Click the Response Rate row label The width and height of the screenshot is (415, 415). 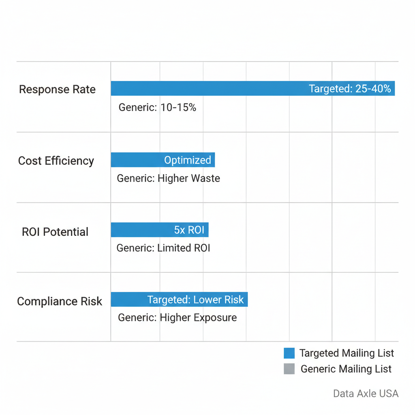click(57, 90)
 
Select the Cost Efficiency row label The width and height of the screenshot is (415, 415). click(56, 161)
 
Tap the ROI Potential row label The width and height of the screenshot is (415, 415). click(55, 232)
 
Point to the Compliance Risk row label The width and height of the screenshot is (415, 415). click(60, 302)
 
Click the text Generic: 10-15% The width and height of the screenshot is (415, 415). click(157, 108)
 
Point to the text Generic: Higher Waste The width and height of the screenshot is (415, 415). click(168, 178)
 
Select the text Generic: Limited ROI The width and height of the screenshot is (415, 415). click(163, 248)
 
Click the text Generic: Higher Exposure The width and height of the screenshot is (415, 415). click(177, 318)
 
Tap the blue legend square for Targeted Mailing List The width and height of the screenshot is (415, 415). click(289, 353)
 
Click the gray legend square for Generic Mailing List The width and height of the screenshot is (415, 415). click(289, 369)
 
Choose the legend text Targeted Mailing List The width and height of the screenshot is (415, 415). click(347, 353)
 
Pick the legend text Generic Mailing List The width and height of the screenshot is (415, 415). click(346, 369)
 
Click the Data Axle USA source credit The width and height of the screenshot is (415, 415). click(366, 394)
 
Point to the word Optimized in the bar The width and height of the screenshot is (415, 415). click(187, 160)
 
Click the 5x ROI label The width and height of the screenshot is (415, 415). click(189, 230)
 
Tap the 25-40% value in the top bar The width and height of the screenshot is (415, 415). click(373, 89)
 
